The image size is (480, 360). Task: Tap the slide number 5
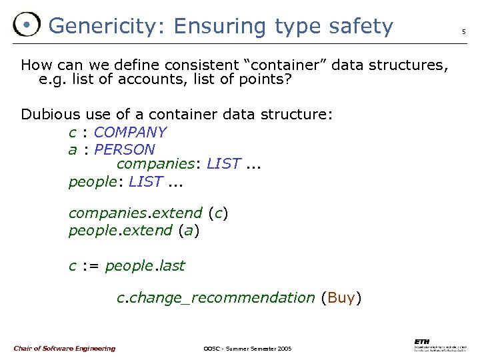pos(464,31)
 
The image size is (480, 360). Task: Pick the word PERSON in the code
pos(125,149)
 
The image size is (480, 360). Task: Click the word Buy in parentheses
pos(341,297)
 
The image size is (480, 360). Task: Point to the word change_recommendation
pos(221,297)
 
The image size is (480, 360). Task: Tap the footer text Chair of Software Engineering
pos(64,348)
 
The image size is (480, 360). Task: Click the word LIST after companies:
pos(223,163)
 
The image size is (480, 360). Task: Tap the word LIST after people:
pos(145,181)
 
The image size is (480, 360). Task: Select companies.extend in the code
pos(135,213)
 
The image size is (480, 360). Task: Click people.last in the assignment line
pos(145,265)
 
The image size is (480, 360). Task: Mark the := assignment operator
pos(91,265)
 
